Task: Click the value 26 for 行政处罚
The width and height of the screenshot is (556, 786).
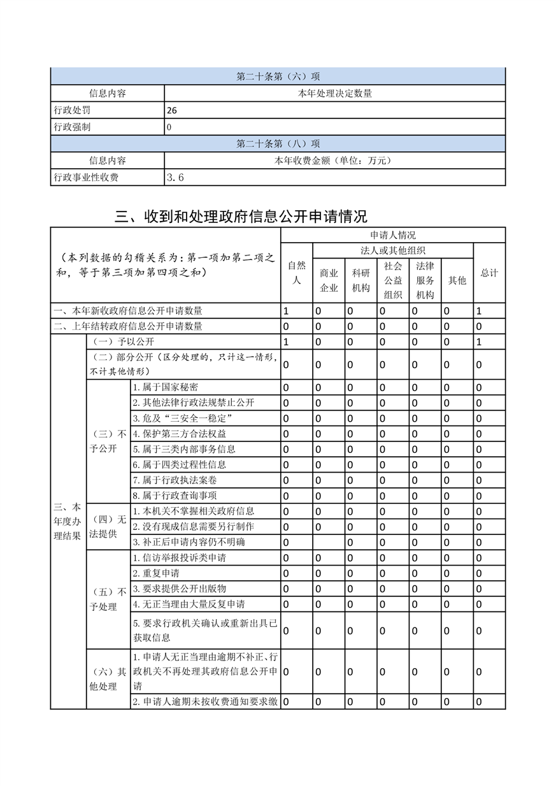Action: tap(172, 110)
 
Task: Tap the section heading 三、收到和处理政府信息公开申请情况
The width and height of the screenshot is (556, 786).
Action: tap(241, 216)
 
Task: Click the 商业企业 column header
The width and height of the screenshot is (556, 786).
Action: tap(329, 280)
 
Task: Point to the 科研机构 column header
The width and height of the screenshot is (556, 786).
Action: tap(360, 280)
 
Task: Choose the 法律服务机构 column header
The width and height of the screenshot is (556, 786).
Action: tap(425, 280)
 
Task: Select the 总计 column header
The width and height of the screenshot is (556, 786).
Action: tap(489, 273)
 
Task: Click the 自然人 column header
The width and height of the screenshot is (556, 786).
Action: tap(296, 273)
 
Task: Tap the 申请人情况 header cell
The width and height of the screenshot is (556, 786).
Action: tap(392, 235)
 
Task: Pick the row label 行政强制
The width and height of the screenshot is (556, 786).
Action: tap(72, 127)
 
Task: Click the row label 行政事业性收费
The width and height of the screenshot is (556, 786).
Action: tap(86, 178)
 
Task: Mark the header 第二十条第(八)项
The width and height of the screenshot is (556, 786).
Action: tap(278, 144)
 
